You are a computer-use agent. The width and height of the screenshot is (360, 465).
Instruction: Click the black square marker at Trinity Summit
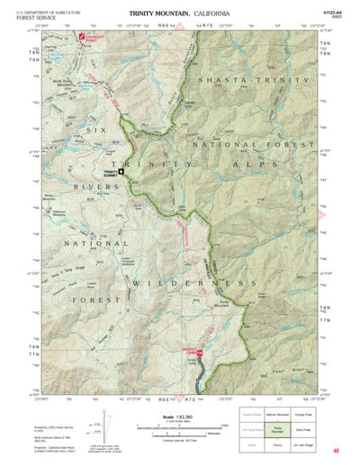click(x=121, y=171)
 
